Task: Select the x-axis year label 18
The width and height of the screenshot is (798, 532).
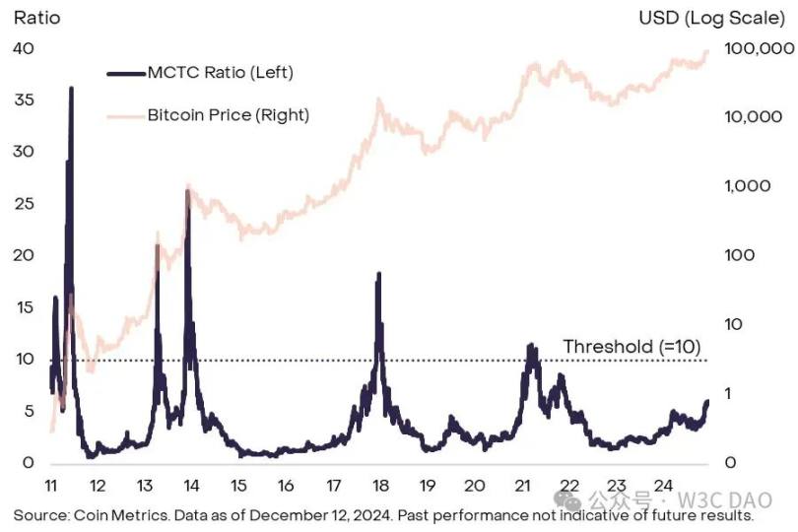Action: click(x=379, y=486)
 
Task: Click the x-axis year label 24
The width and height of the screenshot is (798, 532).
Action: click(x=662, y=486)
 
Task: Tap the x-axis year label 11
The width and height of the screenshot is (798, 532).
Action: click(x=51, y=486)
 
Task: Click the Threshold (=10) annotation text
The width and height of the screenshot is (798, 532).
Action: click(x=630, y=346)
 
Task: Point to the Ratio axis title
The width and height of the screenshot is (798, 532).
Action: click(x=34, y=18)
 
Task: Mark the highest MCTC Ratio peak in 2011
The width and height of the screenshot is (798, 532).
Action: click(x=71, y=89)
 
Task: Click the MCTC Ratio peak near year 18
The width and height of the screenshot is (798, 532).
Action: click(x=378, y=275)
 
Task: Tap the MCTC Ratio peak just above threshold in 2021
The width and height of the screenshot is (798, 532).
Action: click(x=531, y=346)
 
